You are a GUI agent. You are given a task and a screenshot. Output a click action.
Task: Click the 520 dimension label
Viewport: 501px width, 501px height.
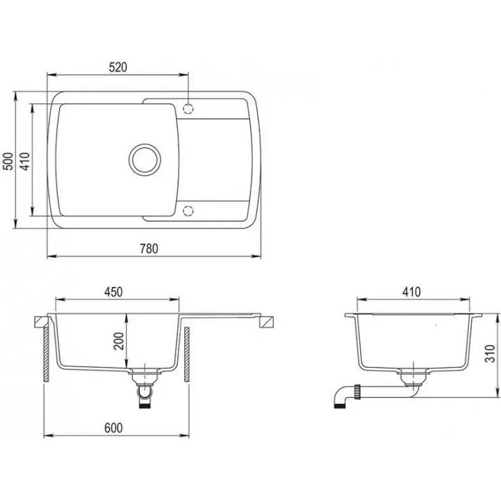point(118,67)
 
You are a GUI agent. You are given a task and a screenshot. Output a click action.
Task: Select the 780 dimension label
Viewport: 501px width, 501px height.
point(149,248)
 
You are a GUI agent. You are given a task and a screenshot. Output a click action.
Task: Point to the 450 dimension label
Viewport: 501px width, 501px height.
point(112,292)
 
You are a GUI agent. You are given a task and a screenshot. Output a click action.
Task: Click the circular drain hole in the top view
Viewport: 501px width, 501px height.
point(146,159)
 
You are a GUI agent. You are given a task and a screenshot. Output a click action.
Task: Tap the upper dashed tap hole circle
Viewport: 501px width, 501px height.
point(189,107)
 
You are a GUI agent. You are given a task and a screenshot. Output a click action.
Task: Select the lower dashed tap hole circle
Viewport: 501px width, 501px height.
point(189,210)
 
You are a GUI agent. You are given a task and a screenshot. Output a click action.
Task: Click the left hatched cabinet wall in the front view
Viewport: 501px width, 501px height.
point(44,353)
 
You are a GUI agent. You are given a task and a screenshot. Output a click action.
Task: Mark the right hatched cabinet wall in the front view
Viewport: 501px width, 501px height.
point(187,354)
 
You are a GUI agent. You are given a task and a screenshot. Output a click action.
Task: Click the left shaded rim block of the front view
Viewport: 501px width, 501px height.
point(41,321)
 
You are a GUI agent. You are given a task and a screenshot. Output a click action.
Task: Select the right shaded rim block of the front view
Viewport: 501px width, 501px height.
point(267,322)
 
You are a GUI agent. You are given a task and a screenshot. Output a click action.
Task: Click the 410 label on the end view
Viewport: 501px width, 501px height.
point(412,292)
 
